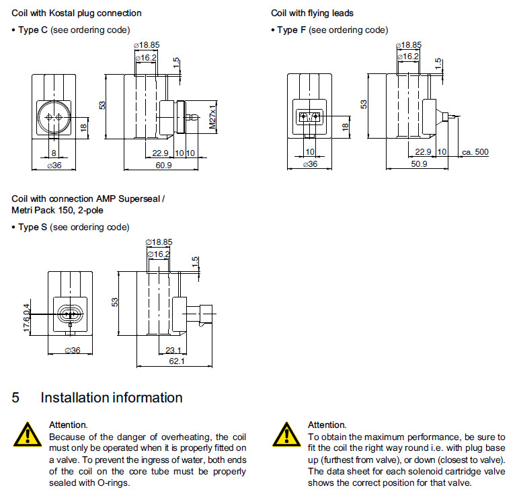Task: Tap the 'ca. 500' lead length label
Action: pyautogui.click(x=475, y=152)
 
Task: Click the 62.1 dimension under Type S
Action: pyautogui.click(x=177, y=361)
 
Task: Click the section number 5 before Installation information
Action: pyautogui.click(x=15, y=398)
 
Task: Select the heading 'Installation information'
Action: pyautogui.click(x=112, y=398)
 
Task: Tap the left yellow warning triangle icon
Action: pyautogui.click(x=26, y=435)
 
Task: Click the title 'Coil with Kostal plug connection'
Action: pyautogui.click(x=77, y=13)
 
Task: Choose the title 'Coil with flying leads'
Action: pyautogui.click(x=312, y=13)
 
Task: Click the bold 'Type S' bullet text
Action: pyautogui.click(x=33, y=227)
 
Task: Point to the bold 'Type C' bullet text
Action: pyautogui.click(x=33, y=30)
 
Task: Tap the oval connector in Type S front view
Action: pyautogui.click(x=70, y=314)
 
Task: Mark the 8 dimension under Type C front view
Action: pyautogui.click(x=54, y=153)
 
